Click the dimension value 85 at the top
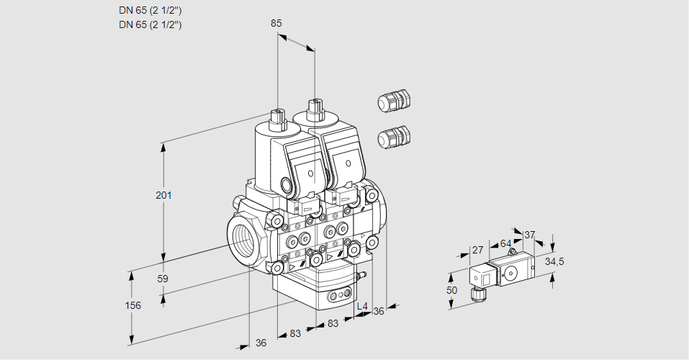click(x=276, y=23)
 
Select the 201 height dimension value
click(x=164, y=195)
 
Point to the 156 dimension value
click(x=132, y=305)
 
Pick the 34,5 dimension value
click(x=554, y=261)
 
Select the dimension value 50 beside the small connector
click(x=451, y=290)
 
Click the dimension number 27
click(x=477, y=250)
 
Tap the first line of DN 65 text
click(x=150, y=11)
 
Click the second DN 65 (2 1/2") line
click(x=150, y=24)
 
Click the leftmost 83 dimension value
click(x=295, y=333)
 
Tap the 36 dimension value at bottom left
click(x=261, y=343)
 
